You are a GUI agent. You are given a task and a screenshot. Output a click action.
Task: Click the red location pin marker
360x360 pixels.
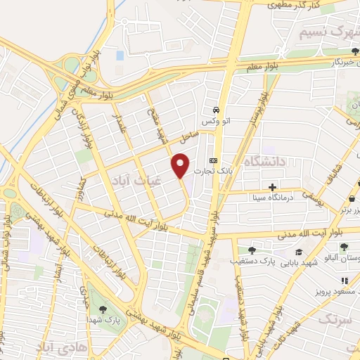click(x=181, y=165)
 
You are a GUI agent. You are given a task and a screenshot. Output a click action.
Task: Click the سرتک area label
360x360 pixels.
click(x=334, y=320)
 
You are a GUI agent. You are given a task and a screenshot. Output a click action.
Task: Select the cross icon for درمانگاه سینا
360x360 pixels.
click(x=272, y=187)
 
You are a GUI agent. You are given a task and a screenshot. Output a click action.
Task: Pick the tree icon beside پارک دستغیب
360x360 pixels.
click(x=252, y=250)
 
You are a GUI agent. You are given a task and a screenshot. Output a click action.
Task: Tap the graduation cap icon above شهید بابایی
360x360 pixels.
click(x=298, y=252)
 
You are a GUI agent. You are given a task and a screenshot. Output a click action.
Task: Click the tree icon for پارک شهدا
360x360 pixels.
click(x=103, y=309)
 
